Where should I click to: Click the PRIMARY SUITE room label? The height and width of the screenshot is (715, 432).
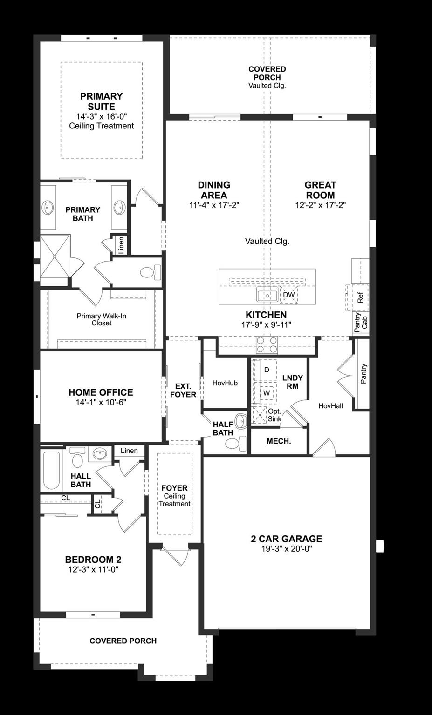tap(101, 101)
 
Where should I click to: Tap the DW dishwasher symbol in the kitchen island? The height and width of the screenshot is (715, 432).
tap(288, 295)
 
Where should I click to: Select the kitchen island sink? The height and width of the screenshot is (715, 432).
tap(267, 295)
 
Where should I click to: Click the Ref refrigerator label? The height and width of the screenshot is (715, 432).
tap(360, 297)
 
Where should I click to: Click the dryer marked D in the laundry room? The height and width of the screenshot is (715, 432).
tap(267, 370)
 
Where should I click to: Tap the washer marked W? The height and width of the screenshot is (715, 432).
tap(267, 392)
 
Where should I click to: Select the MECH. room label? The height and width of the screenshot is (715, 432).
tap(279, 441)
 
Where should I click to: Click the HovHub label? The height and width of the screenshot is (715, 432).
tap(225, 383)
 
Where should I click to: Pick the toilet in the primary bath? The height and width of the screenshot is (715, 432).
tap(150, 272)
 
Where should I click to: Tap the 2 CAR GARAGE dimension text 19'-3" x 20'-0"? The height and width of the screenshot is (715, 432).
tap(286, 549)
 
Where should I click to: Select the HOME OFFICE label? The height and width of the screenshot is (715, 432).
tap(101, 392)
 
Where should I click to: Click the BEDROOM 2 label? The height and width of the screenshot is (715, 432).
tap(93, 560)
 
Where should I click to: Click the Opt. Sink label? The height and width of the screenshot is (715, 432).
tap(274, 415)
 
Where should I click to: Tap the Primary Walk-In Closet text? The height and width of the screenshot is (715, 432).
tap(101, 319)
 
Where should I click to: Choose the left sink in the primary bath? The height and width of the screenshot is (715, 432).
tap(48, 206)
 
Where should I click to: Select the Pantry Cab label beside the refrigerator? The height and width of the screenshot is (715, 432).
tap(361, 321)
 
